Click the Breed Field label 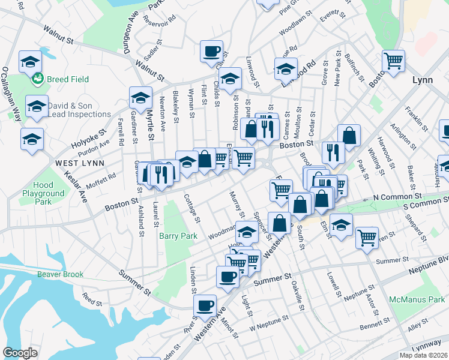[x=68, y=79]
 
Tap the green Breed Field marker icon [x=38, y=78]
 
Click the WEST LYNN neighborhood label [x=80, y=163]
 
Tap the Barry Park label [x=178, y=236]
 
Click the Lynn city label [x=422, y=80]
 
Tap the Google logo [x=20, y=353]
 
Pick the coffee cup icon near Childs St [x=210, y=52]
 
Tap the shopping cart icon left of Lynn [x=393, y=61]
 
